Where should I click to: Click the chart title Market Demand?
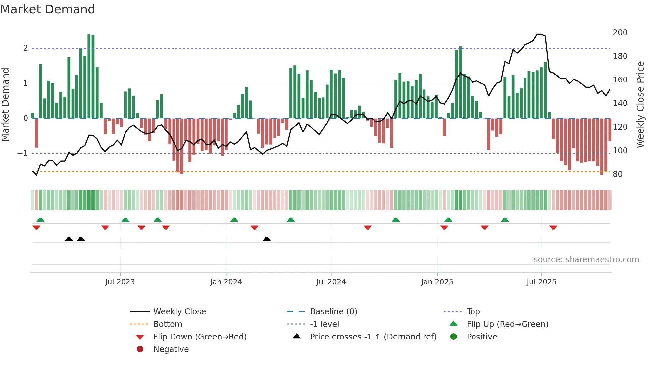[x=48, y=9]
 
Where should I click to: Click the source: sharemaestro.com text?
[x=586, y=260]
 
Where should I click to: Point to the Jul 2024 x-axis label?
[x=331, y=282]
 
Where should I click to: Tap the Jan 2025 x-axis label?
[x=437, y=282]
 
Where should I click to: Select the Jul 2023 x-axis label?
[x=120, y=282]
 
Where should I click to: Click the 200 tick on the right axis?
[x=620, y=33]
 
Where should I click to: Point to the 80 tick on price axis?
[x=617, y=174]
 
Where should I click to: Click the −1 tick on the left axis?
[x=23, y=153]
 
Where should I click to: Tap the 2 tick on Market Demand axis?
[x=25, y=48]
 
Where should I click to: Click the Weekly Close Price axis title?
[x=640, y=104]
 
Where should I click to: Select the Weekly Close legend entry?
[x=179, y=312]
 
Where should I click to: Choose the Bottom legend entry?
[x=168, y=324]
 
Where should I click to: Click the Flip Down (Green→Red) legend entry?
[x=200, y=337]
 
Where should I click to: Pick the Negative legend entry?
[x=171, y=349]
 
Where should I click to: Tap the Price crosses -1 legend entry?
[x=373, y=337]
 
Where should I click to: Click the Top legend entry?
[x=473, y=312]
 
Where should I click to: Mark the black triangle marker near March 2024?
[x=267, y=239]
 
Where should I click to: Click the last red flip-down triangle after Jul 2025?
[x=553, y=227]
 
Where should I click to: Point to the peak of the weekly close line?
[x=539, y=34]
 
